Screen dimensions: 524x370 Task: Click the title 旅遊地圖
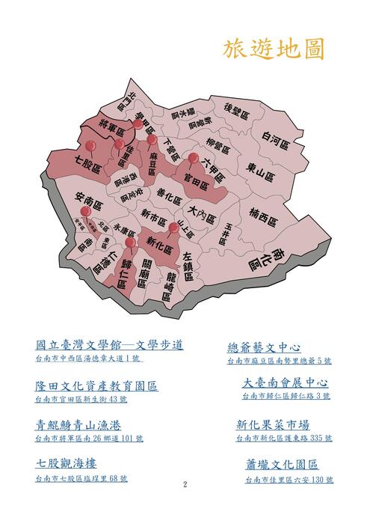click(273, 49)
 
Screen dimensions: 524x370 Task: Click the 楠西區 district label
click(264, 218)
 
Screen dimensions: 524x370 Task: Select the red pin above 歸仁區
click(129, 243)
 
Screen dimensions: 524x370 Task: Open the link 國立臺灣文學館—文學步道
click(110, 345)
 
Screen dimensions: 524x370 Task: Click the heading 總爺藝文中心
click(264, 348)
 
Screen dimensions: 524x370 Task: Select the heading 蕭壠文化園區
click(282, 465)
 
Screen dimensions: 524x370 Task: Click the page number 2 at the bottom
click(185, 485)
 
